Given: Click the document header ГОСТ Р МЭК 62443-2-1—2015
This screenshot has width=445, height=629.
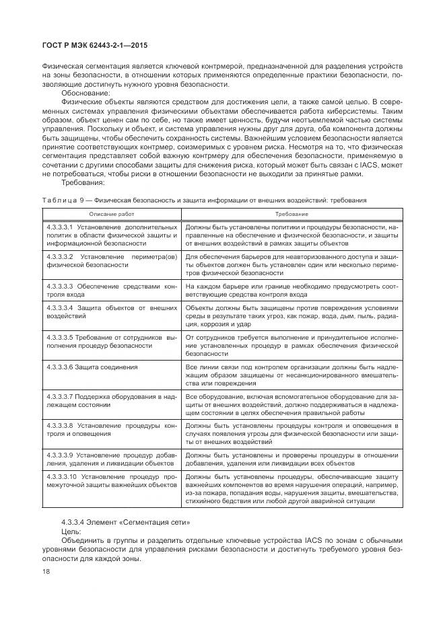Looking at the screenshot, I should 94,45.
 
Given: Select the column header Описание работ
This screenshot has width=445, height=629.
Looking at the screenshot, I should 111,213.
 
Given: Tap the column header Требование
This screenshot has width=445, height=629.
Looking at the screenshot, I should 292,213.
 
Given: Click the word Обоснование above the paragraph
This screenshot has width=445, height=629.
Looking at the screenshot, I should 81,93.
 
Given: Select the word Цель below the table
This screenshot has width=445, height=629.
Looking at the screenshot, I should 71,531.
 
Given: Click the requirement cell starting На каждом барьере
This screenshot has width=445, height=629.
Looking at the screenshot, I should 291,291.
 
